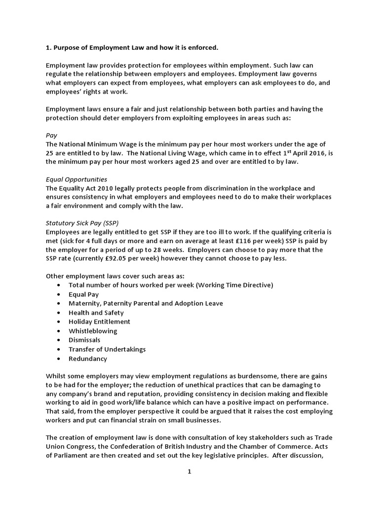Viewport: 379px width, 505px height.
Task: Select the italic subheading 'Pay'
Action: (51, 135)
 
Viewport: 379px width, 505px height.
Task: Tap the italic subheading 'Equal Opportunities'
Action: (76, 179)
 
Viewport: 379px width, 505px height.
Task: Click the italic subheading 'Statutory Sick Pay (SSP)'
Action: (82, 223)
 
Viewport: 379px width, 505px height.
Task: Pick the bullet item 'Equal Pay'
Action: (83, 294)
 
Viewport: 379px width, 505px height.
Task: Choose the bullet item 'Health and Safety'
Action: (96, 312)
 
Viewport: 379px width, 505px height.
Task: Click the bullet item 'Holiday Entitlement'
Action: (99, 322)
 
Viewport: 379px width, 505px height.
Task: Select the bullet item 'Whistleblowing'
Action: (93, 331)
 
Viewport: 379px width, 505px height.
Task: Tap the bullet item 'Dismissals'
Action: (84, 340)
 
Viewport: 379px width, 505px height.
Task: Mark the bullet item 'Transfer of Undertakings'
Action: (107, 349)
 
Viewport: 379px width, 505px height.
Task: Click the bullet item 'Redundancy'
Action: (88, 359)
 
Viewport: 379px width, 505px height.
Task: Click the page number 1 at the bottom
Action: (189, 471)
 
